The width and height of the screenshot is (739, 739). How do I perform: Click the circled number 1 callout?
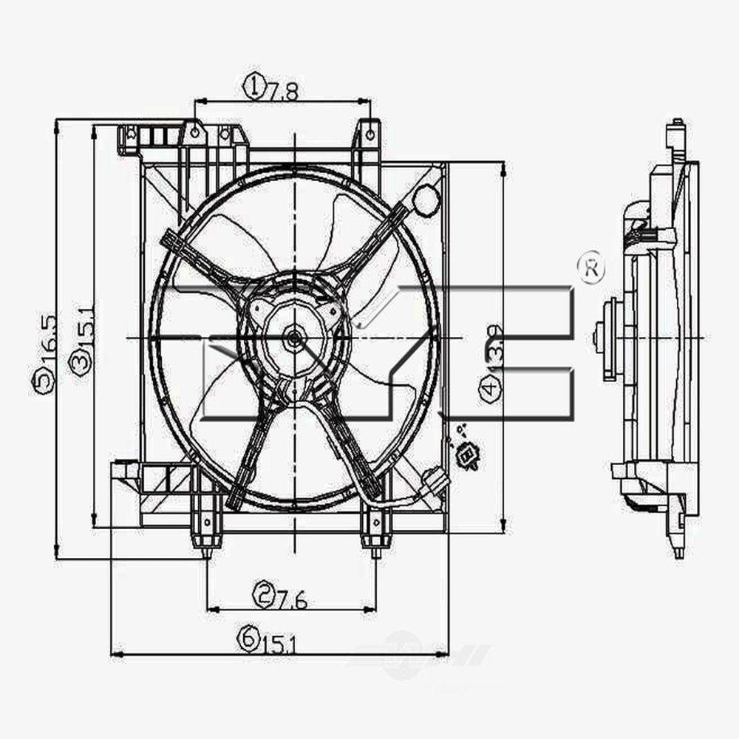(253, 87)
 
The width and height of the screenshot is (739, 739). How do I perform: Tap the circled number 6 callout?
(248, 636)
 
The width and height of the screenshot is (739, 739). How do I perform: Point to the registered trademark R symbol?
(593, 269)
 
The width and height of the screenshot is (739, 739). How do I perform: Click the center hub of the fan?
(293, 338)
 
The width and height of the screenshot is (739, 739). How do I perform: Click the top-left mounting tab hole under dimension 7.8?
(194, 133)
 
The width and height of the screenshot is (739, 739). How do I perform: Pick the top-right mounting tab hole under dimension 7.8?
(369, 134)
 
